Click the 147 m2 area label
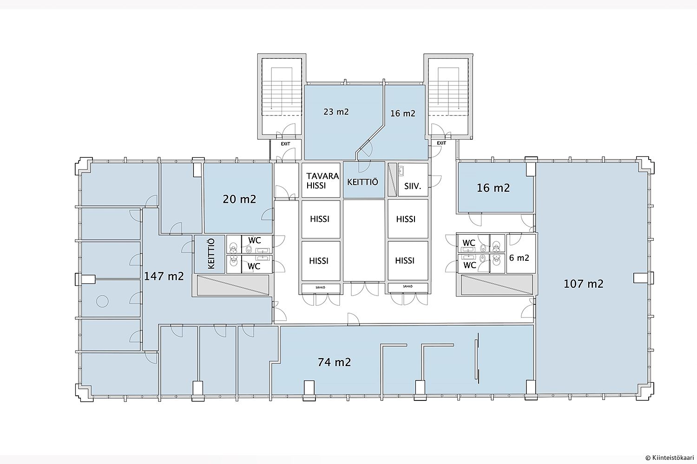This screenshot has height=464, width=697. (x=164, y=276)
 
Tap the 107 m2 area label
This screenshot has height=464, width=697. (x=584, y=284)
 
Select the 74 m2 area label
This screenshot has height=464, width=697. (x=334, y=362)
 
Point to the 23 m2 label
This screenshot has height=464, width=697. (x=336, y=111)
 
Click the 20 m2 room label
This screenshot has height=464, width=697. (x=239, y=199)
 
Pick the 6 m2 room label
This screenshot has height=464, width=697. (x=519, y=258)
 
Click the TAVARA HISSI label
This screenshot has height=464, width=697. (x=322, y=181)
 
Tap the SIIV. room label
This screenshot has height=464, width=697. (x=413, y=187)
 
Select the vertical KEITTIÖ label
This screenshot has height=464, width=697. (x=210, y=254)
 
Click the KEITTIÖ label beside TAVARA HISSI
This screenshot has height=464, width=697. (x=362, y=182)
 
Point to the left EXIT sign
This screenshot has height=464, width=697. (x=285, y=144)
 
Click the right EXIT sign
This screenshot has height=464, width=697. (x=441, y=143)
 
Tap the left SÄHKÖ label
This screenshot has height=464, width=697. (x=320, y=288)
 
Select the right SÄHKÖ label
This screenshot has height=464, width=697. (x=408, y=286)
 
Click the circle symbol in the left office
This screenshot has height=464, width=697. (x=102, y=301)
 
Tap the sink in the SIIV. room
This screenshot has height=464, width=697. (x=401, y=171)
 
